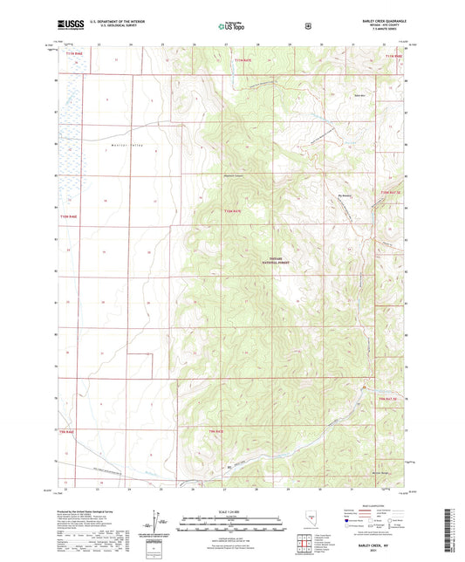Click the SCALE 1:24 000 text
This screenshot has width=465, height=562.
pyautogui.click(x=232, y=511)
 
